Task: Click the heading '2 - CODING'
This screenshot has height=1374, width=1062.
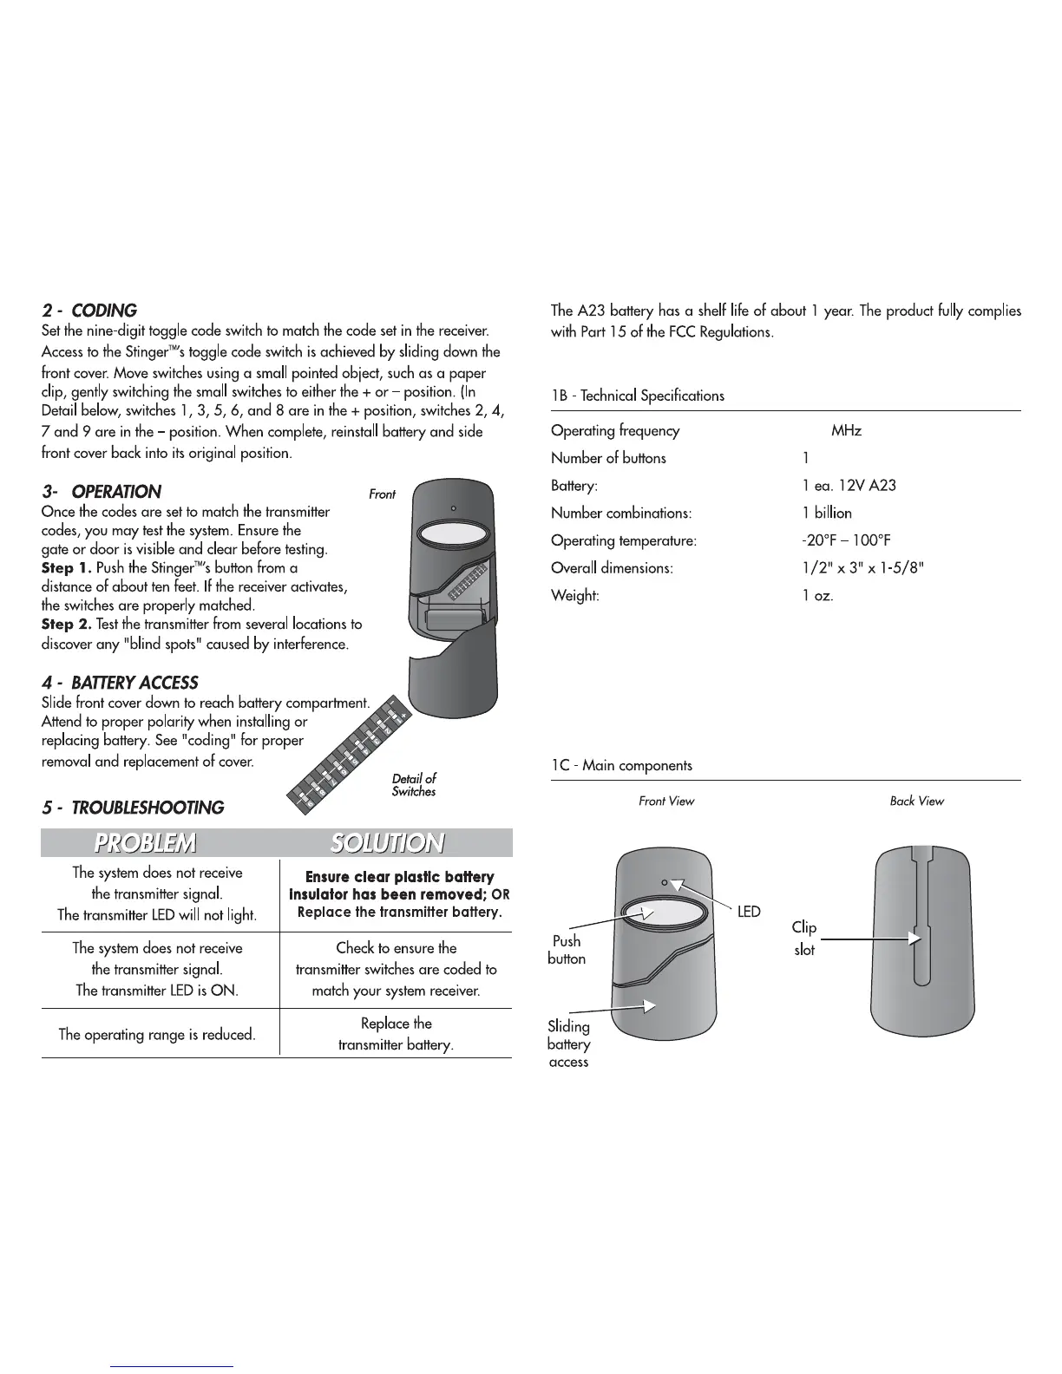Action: coord(89,311)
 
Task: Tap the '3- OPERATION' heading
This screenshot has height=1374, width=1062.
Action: coord(102,492)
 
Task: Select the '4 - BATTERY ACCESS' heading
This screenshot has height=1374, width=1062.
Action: coord(120,683)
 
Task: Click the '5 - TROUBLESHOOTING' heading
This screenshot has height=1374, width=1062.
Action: coord(133,808)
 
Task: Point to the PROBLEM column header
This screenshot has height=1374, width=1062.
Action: coord(145,843)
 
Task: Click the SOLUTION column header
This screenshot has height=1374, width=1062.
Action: coord(387,843)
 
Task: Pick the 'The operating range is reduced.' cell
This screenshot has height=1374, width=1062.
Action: coord(157,1034)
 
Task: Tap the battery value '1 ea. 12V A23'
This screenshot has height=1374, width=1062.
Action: coord(849,485)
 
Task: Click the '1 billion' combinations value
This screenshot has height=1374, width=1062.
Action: coord(827,513)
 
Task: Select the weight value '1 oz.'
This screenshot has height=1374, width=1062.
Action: coord(817,596)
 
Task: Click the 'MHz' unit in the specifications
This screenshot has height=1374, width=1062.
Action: coord(846,430)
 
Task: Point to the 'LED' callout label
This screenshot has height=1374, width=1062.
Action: coord(749,912)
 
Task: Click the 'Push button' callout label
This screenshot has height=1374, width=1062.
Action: coord(567,950)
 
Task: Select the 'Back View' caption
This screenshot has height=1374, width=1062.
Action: coord(916,801)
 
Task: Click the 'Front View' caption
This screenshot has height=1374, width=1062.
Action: coord(666,801)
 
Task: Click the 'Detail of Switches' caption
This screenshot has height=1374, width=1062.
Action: coord(414,785)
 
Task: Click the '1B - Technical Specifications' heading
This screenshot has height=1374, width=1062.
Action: coord(638,396)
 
